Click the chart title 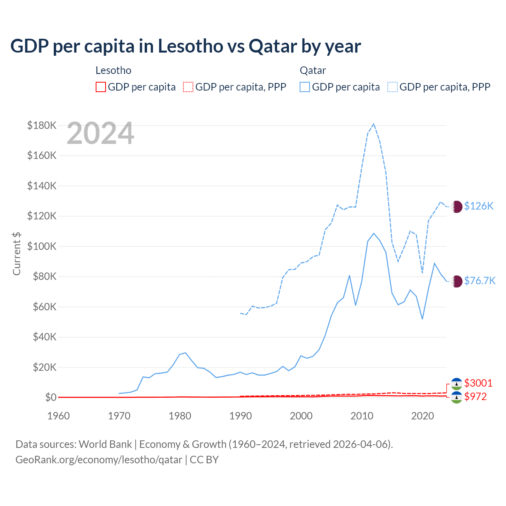point(185,46)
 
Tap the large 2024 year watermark point(100,133)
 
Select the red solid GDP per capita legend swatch point(101,87)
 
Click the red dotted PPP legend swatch point(188,87)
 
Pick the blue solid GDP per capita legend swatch point(305,87)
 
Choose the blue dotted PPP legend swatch point(393,87)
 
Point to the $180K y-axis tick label point(42,125)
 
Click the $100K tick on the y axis point(42,246)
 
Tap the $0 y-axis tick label point(51,397)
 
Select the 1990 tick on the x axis point(240,416)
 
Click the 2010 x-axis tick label point(362,416)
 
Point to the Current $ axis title point(17,253)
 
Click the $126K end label point(479,206)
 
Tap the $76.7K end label point(480,281)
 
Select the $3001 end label point(478,383)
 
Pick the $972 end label point(476,396)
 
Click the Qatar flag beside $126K point(457,206)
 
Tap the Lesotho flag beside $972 point(457,397)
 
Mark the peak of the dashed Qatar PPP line point(374,124)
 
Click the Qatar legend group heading point(313,70)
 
